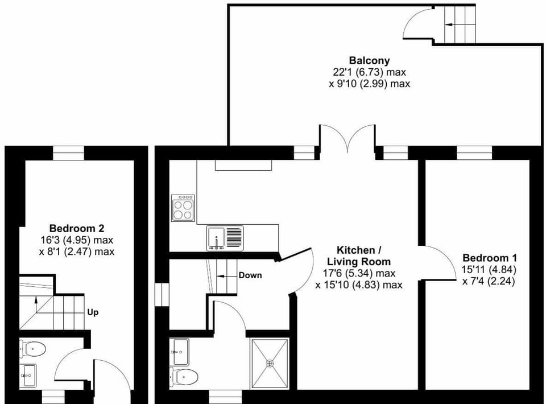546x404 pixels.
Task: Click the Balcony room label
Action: tap(370, 60)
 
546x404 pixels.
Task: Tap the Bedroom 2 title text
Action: tap(77, 229)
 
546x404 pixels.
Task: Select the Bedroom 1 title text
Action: tap(490, 258)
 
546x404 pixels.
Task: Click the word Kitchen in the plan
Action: tap(355, 250)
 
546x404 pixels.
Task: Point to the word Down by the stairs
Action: tap(250, 275)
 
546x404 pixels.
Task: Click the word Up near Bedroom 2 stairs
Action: tap(93, 312)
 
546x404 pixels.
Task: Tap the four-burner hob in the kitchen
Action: tap(183, 208)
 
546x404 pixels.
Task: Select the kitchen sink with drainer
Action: tap(225, 238)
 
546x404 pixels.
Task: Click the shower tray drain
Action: tap(270, 363)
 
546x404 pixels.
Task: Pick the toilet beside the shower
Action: tap(184, 377)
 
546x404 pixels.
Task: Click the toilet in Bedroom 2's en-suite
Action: tap(33, 348)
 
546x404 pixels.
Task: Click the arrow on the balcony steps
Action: tap(452, 24)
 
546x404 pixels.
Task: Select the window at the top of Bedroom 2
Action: tap(69, 153)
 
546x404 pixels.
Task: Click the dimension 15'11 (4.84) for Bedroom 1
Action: tap(489, 270)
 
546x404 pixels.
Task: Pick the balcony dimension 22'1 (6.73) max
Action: tap(370, 72)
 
